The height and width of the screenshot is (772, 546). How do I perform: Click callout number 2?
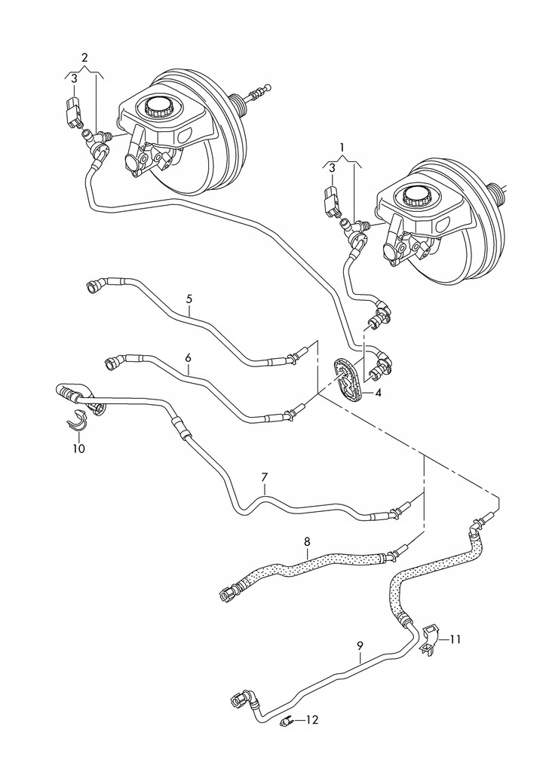pos(84,57)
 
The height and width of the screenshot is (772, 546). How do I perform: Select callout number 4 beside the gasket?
pos(379,393)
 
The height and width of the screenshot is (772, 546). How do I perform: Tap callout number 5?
pos(189,299)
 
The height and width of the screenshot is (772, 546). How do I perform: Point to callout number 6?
pos(188,357)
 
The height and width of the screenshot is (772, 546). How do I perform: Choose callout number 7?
pos(265,477)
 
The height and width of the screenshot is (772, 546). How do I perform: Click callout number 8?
pos(307,541)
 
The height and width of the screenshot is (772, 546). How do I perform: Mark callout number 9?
pos(360,646)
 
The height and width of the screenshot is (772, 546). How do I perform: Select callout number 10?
pos(78,449)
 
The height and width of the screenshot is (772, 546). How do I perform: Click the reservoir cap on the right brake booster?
pos(416,198)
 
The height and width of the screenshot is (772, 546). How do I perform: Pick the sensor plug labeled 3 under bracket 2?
pos(74,111)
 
